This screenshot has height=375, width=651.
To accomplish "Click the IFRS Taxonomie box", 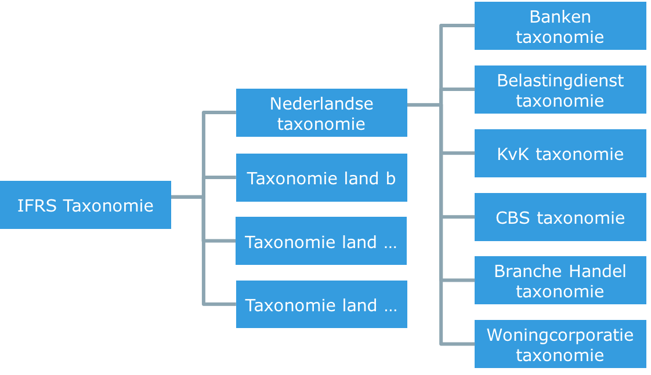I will tap(85, 205).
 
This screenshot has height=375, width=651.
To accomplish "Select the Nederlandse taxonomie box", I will tap(321, 113).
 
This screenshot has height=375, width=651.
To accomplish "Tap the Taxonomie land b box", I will tap(321, 178).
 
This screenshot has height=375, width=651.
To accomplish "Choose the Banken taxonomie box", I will tap(560, 26).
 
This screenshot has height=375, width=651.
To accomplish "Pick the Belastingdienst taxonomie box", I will tap(560, 90).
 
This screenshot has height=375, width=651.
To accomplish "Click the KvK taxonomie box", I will tap(560, 154).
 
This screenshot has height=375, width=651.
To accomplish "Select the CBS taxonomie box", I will tap(560, 217).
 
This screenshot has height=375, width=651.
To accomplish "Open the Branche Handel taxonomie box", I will tap(560, 281).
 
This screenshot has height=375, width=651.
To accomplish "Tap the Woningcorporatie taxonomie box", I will tap(560, 344).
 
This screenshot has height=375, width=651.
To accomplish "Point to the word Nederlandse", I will tap(321, 104).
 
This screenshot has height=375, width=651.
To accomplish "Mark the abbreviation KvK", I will tap(513, 154).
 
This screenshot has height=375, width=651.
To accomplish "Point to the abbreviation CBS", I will tap(513, 218).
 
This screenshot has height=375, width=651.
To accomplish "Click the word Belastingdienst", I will tap(560, 81).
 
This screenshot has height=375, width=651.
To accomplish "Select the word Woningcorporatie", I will tap(560, 335).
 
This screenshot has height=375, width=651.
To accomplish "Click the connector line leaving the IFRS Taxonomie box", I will tap(186, 197).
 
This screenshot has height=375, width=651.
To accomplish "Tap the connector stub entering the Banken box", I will tap(458, 26).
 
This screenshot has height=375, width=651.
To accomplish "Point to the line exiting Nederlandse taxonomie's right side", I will tap(424, 105).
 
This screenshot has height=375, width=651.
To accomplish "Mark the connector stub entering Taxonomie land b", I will tap(220, 177).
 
